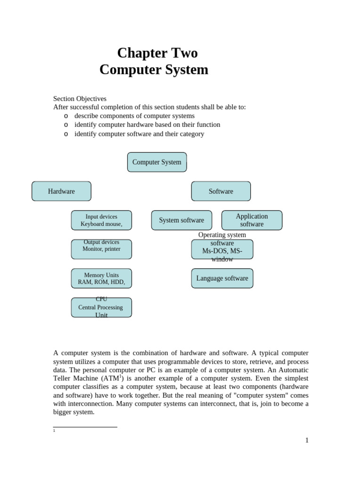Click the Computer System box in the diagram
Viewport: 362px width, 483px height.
157,162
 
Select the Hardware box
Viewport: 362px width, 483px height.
61,191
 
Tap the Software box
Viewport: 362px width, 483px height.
221,191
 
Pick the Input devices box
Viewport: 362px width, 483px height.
101,220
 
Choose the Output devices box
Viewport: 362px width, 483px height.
101,249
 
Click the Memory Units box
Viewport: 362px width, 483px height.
101,278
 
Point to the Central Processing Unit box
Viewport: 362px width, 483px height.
101,308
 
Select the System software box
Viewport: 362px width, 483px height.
181,220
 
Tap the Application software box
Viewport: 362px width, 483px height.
252,220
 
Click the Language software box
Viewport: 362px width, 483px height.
222,278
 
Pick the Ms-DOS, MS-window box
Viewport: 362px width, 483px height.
222,250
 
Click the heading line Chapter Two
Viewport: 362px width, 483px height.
157,53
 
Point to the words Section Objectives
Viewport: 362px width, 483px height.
80,99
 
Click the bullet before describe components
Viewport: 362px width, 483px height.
66,116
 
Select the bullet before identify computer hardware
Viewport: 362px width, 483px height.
66,125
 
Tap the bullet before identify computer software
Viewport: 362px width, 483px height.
66,134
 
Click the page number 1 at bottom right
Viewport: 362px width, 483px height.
307,441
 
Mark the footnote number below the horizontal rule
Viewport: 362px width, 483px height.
54,431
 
